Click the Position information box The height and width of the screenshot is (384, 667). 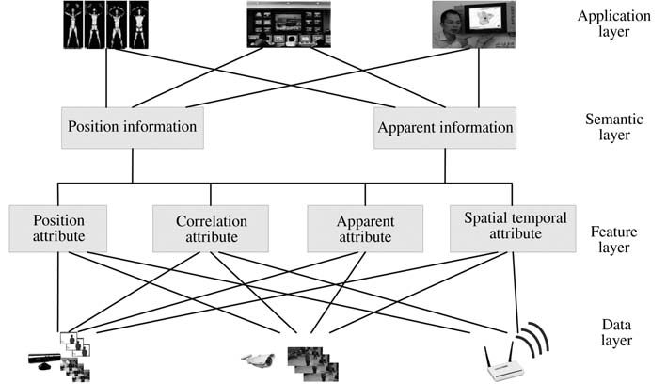(x=132, y=127)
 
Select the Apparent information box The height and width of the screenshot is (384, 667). (x=444, y=127)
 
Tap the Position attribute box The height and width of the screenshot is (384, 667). (x=58, y=228)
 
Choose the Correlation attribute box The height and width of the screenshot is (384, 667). (x=211, y=228)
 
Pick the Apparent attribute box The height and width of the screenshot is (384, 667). (x=364, y=228)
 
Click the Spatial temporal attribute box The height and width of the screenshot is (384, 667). (x=514, y=228)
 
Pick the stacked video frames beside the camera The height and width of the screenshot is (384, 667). (x=310, y=361)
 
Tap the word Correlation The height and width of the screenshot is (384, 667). (x=211, y=220)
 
